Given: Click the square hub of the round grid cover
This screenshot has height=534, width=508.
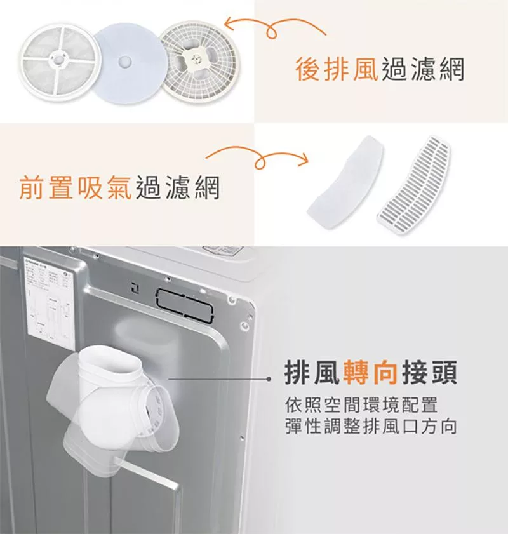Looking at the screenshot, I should [197, 59].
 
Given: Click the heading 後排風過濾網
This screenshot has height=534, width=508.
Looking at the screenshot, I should [379, 69].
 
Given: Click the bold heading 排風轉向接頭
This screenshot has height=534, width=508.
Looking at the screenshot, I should [370, 373].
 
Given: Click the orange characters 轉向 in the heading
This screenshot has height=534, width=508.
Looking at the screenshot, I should [370, 373].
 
